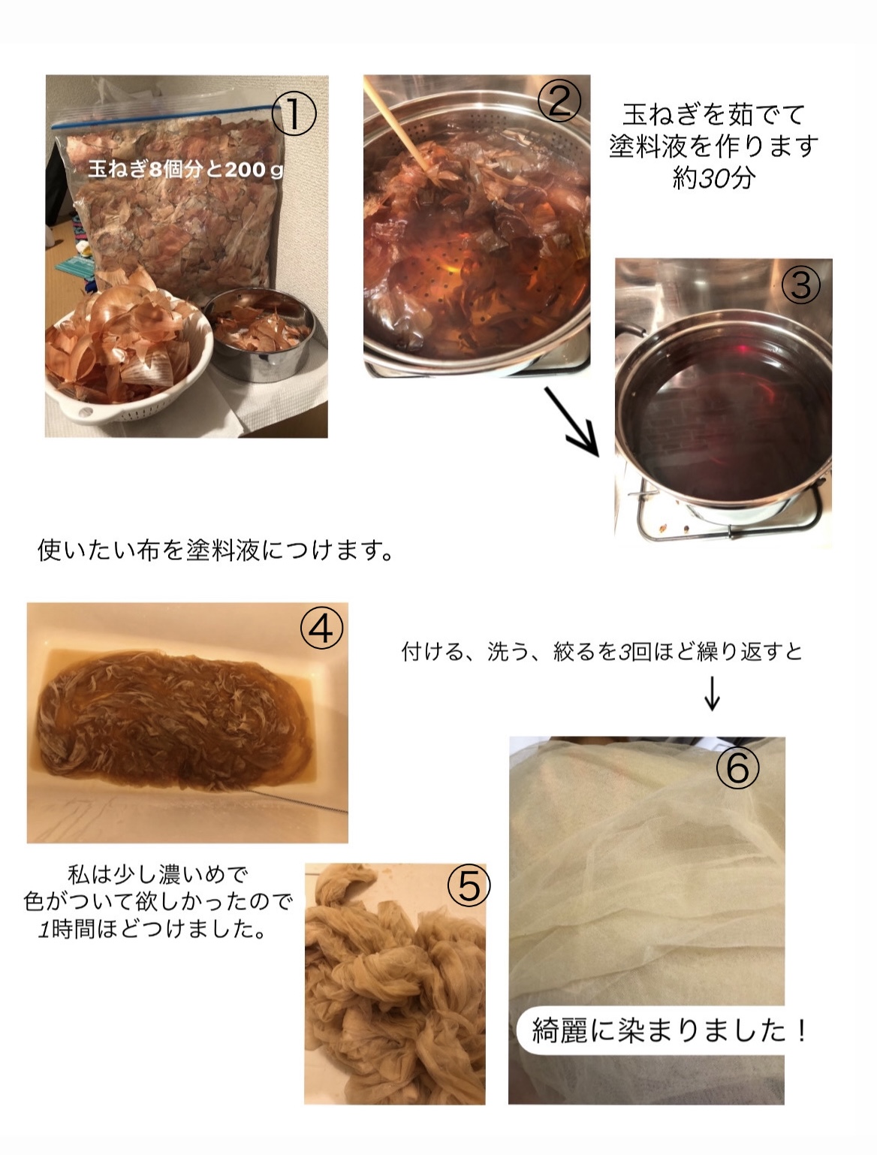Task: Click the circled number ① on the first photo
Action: click(294, 113)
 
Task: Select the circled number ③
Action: click(800, 285)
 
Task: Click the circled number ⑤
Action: click(469, 885)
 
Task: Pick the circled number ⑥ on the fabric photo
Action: click(737, 767)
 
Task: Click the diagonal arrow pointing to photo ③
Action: click(572, 422)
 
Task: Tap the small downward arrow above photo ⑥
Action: click(712, 694)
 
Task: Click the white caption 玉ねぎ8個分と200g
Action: click(185, 170)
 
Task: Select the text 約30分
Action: click(713, 179)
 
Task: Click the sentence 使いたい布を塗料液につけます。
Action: click(215, 550)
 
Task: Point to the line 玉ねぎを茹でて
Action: click(713, 114)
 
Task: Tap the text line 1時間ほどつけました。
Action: click(152, 929)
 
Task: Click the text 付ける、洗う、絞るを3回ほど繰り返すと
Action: click(601, 651)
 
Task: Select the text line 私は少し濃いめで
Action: click(157, 875)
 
